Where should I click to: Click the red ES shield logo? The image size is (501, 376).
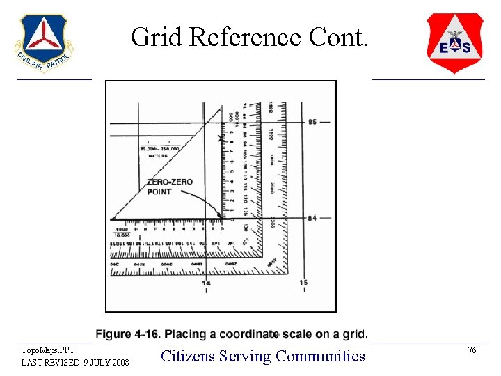pos(454,42)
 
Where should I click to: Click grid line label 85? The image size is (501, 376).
pos(312,122)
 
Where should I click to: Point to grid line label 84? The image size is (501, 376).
pos(312,218)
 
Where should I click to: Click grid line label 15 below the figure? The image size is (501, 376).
pos(303,283)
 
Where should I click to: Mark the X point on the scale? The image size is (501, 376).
pos(221,139)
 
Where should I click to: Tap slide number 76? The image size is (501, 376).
pos(472,350)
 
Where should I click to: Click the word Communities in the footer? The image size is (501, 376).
pos(320,356)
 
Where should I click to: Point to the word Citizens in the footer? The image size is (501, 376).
pos(187,356)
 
